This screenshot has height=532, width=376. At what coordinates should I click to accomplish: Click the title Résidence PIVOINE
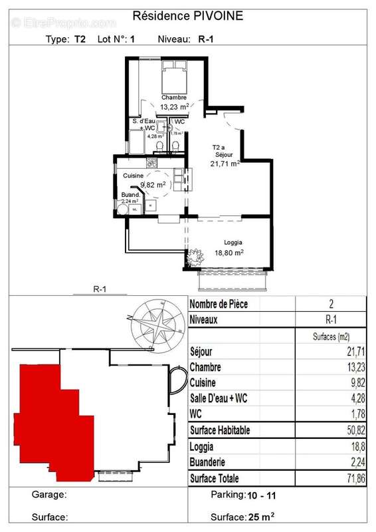coord(188,15)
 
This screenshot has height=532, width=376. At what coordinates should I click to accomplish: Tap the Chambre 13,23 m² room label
coord(173,101)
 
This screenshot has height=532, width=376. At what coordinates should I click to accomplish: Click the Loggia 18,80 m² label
coord(229,247)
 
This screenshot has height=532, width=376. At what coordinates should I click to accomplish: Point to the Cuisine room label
coord(134,175)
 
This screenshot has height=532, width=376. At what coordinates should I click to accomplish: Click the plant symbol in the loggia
coord(195,255)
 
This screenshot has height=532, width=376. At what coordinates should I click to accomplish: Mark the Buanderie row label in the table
coord(211,462)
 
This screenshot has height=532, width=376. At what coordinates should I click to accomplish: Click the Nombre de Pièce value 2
coord(331,304)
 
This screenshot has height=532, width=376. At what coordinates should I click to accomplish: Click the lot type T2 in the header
coord(80,39)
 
